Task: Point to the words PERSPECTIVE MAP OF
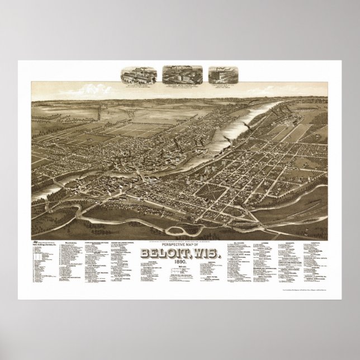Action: point(180,229)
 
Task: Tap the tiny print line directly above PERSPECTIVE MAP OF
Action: point(180,225)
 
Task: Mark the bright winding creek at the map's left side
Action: point(61,182)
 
